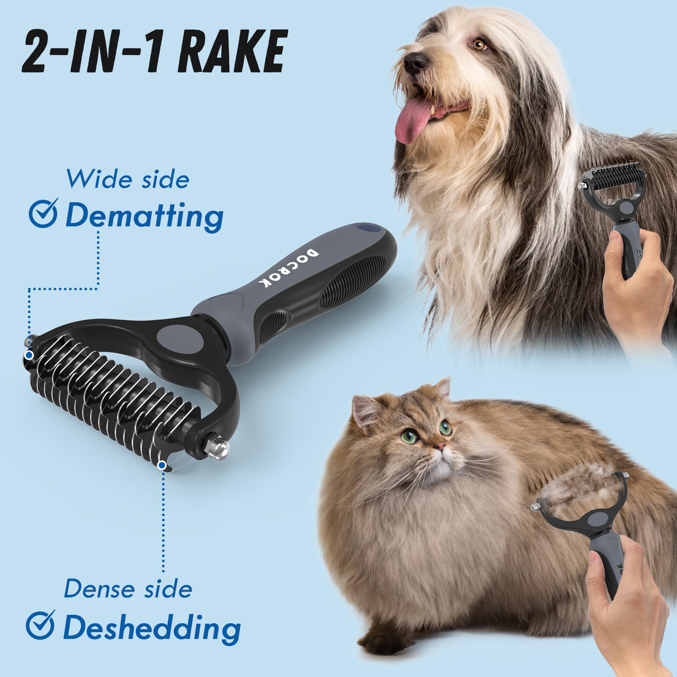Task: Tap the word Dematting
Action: coord(144,216)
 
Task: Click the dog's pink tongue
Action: coord(411,123)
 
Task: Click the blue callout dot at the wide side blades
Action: coord(29,355)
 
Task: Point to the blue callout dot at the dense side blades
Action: coord(161,465)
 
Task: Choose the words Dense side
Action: coord(128,589)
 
